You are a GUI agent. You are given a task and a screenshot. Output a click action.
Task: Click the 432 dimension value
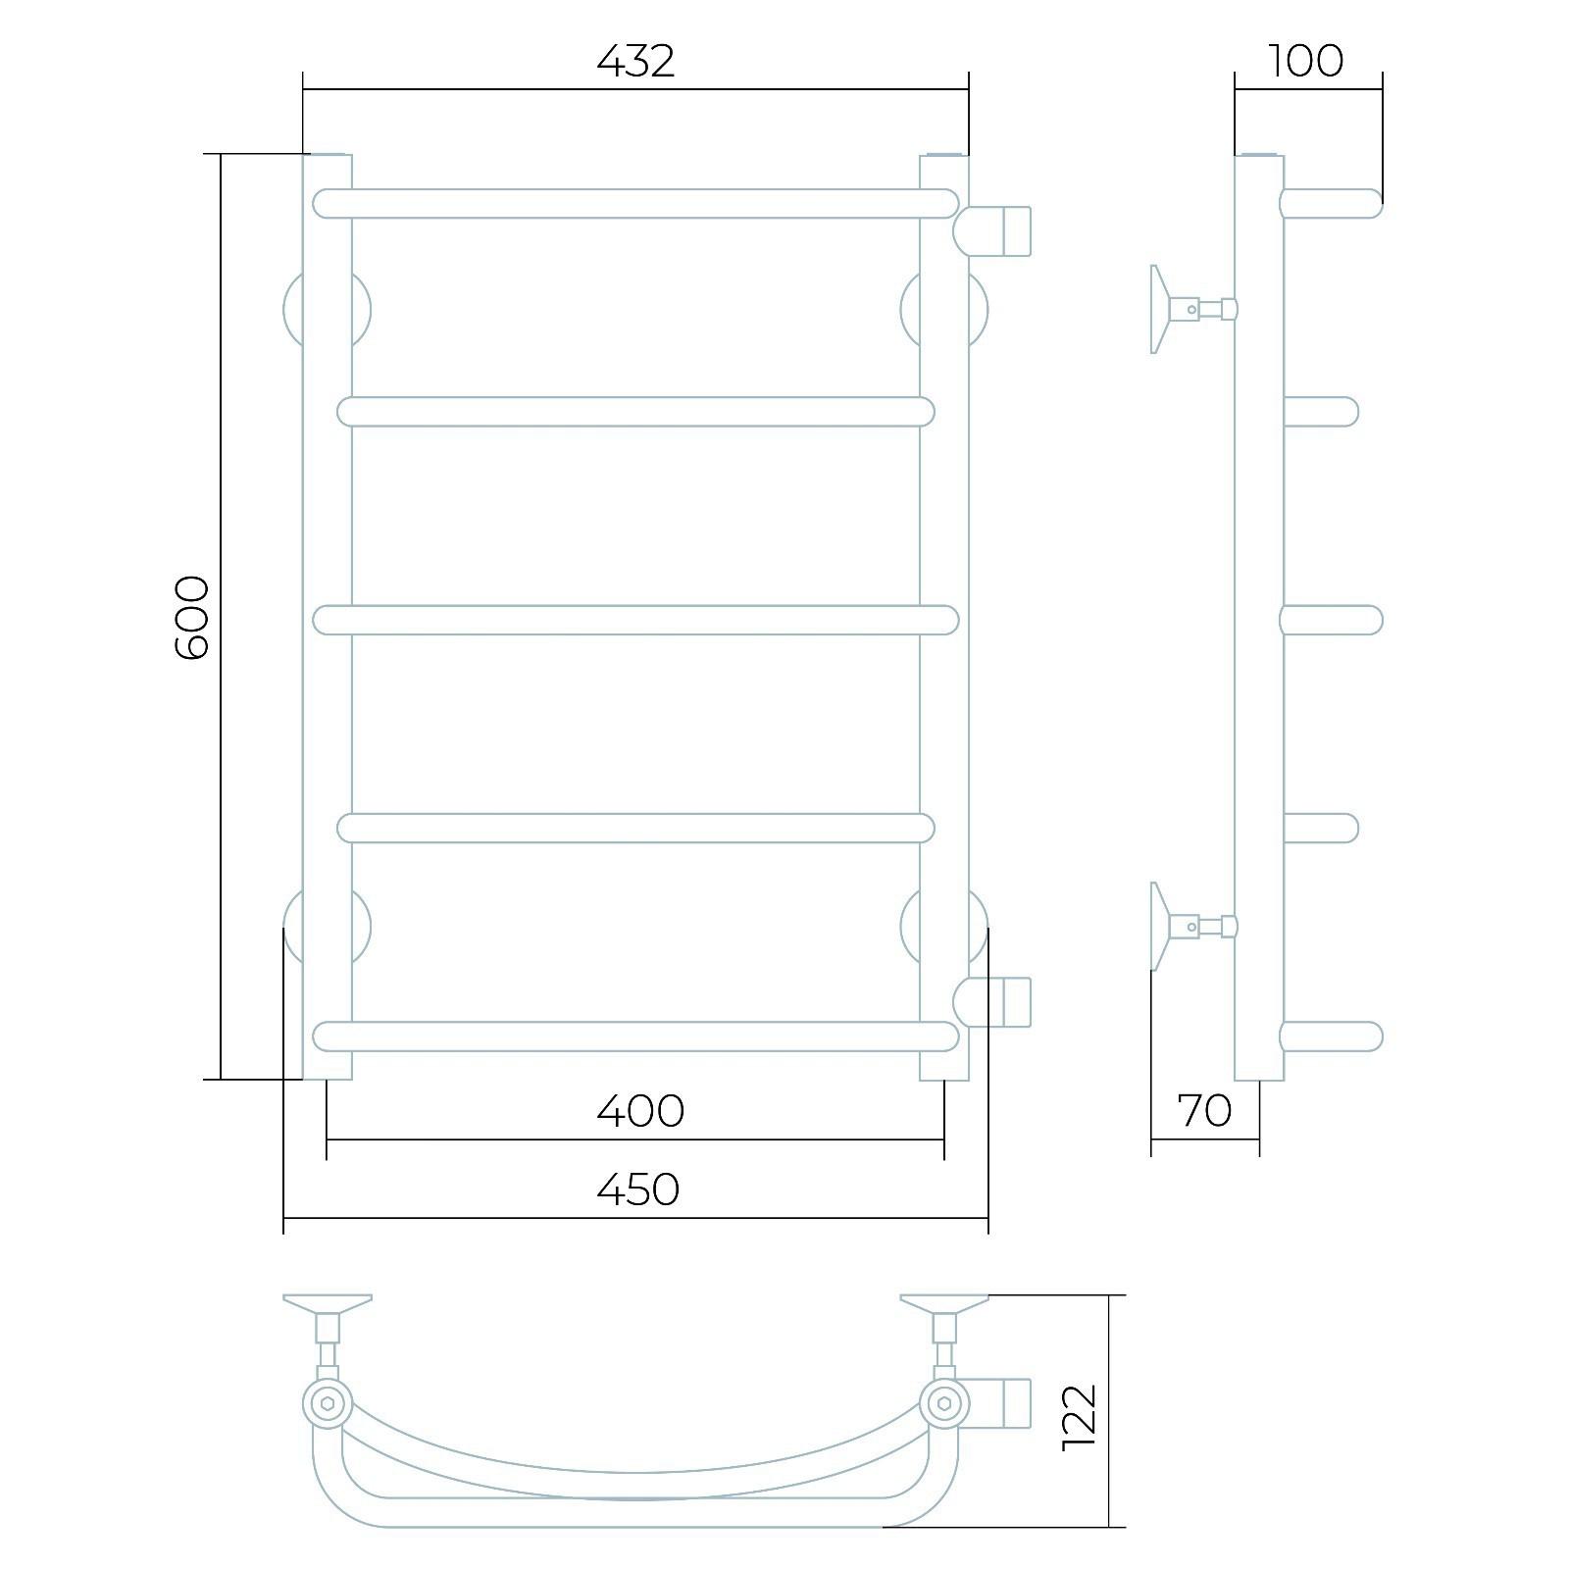click(636, 62)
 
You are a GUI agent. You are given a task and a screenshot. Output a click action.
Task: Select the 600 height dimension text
click(190, 618)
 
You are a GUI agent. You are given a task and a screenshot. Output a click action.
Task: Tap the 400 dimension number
click(640, 1111)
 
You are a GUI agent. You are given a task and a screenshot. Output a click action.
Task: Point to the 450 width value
click(638, 1189)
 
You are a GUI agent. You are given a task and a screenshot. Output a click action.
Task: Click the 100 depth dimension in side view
click(1306, 62)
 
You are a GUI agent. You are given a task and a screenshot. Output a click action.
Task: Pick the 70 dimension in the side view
click(1204, 1111)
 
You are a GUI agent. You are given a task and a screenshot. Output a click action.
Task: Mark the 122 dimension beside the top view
click(1079, 1417)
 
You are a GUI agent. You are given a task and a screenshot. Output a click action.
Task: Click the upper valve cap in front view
click(991, 230)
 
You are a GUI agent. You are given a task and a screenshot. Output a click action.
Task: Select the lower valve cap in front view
click(991, 1001)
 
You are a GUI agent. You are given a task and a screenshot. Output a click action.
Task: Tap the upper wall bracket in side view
click(1192, 309)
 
